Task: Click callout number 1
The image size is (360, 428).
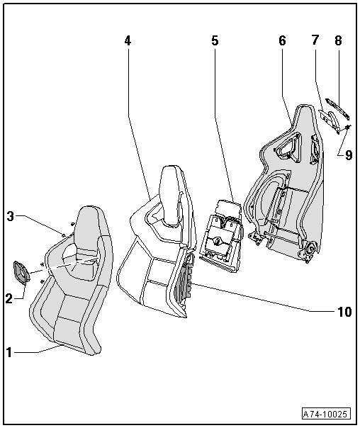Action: (9, 352)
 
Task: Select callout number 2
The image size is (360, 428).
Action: (9, 299)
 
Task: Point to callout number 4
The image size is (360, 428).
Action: (128, 41)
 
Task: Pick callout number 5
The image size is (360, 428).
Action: (215, 41)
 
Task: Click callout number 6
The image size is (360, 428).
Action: (282, 41)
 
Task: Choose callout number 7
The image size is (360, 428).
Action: (315, 40)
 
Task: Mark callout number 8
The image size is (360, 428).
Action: (338, 41)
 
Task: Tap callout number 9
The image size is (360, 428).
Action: (349, 155)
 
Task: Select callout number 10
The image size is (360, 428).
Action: (344, 312)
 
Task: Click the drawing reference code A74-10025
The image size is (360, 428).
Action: (326, 414)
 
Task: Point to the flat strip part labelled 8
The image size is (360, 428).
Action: (337, 109)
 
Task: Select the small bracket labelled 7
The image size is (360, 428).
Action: (330, 120)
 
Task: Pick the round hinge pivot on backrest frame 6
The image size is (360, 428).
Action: (311, 248)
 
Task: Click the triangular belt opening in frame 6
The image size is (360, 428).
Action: (288, 146)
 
